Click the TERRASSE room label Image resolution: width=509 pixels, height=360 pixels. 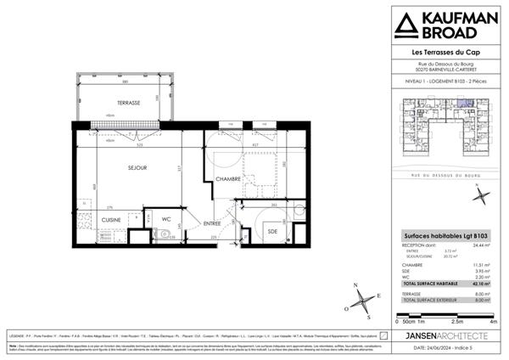pyautogui.click(x=128, y=103)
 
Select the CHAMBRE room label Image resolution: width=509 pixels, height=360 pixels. pyautogui.click(x=228, y=179)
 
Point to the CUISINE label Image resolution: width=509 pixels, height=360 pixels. pyautogui.click(x=110, y=219)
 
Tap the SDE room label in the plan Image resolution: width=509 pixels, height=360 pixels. pyautogui.click(x=271, y=231)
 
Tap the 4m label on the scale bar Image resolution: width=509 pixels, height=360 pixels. pyautogui.click(x=493, y=322)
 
